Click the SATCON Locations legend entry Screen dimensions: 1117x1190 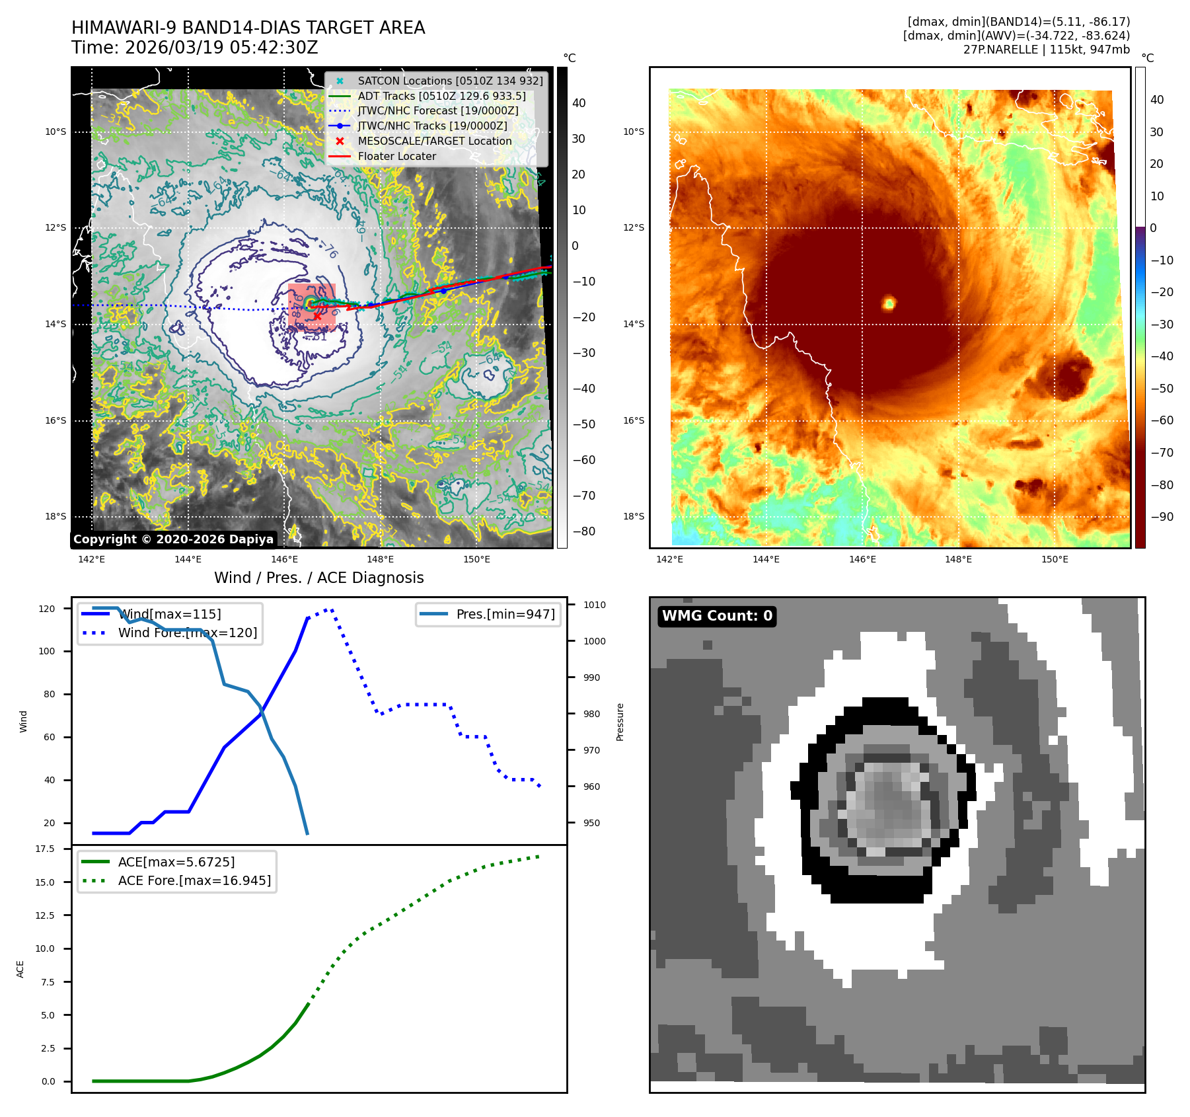click(x=450, y=81)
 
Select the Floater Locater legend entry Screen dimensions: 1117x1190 click(x=396, y=157)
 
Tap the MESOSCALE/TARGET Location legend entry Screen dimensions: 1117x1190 click(x=434, y=141)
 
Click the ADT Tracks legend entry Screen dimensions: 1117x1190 click(x=441, y=96)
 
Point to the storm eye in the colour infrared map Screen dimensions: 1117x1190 click(x=889, y=303)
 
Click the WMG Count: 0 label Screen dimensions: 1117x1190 click(x=717, y=616)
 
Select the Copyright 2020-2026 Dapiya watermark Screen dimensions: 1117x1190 click(x=173, y=539)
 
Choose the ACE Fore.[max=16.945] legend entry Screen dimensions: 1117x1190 click(x=194, y=880)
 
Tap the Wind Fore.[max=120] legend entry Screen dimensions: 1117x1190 click(x=188, y=633)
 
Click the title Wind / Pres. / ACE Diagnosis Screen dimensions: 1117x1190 click(x=318, y=578)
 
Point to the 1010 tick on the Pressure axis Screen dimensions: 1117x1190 click(x=594, y=605)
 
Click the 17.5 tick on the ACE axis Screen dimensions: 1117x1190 click(x=45, y=849)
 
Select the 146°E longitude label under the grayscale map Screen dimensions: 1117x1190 click(x=284, y=560)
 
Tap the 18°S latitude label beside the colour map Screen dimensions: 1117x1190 click(x=633, y=516)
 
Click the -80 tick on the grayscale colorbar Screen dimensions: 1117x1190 click(x=583, y=531)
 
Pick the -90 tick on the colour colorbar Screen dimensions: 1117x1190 click(x=1162, y=517)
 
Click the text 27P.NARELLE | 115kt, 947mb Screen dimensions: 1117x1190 click(x=1046, y=50)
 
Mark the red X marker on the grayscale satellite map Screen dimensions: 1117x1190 click(x=317, y=317)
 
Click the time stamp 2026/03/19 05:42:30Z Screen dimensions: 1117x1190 click(x=221, y=48)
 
